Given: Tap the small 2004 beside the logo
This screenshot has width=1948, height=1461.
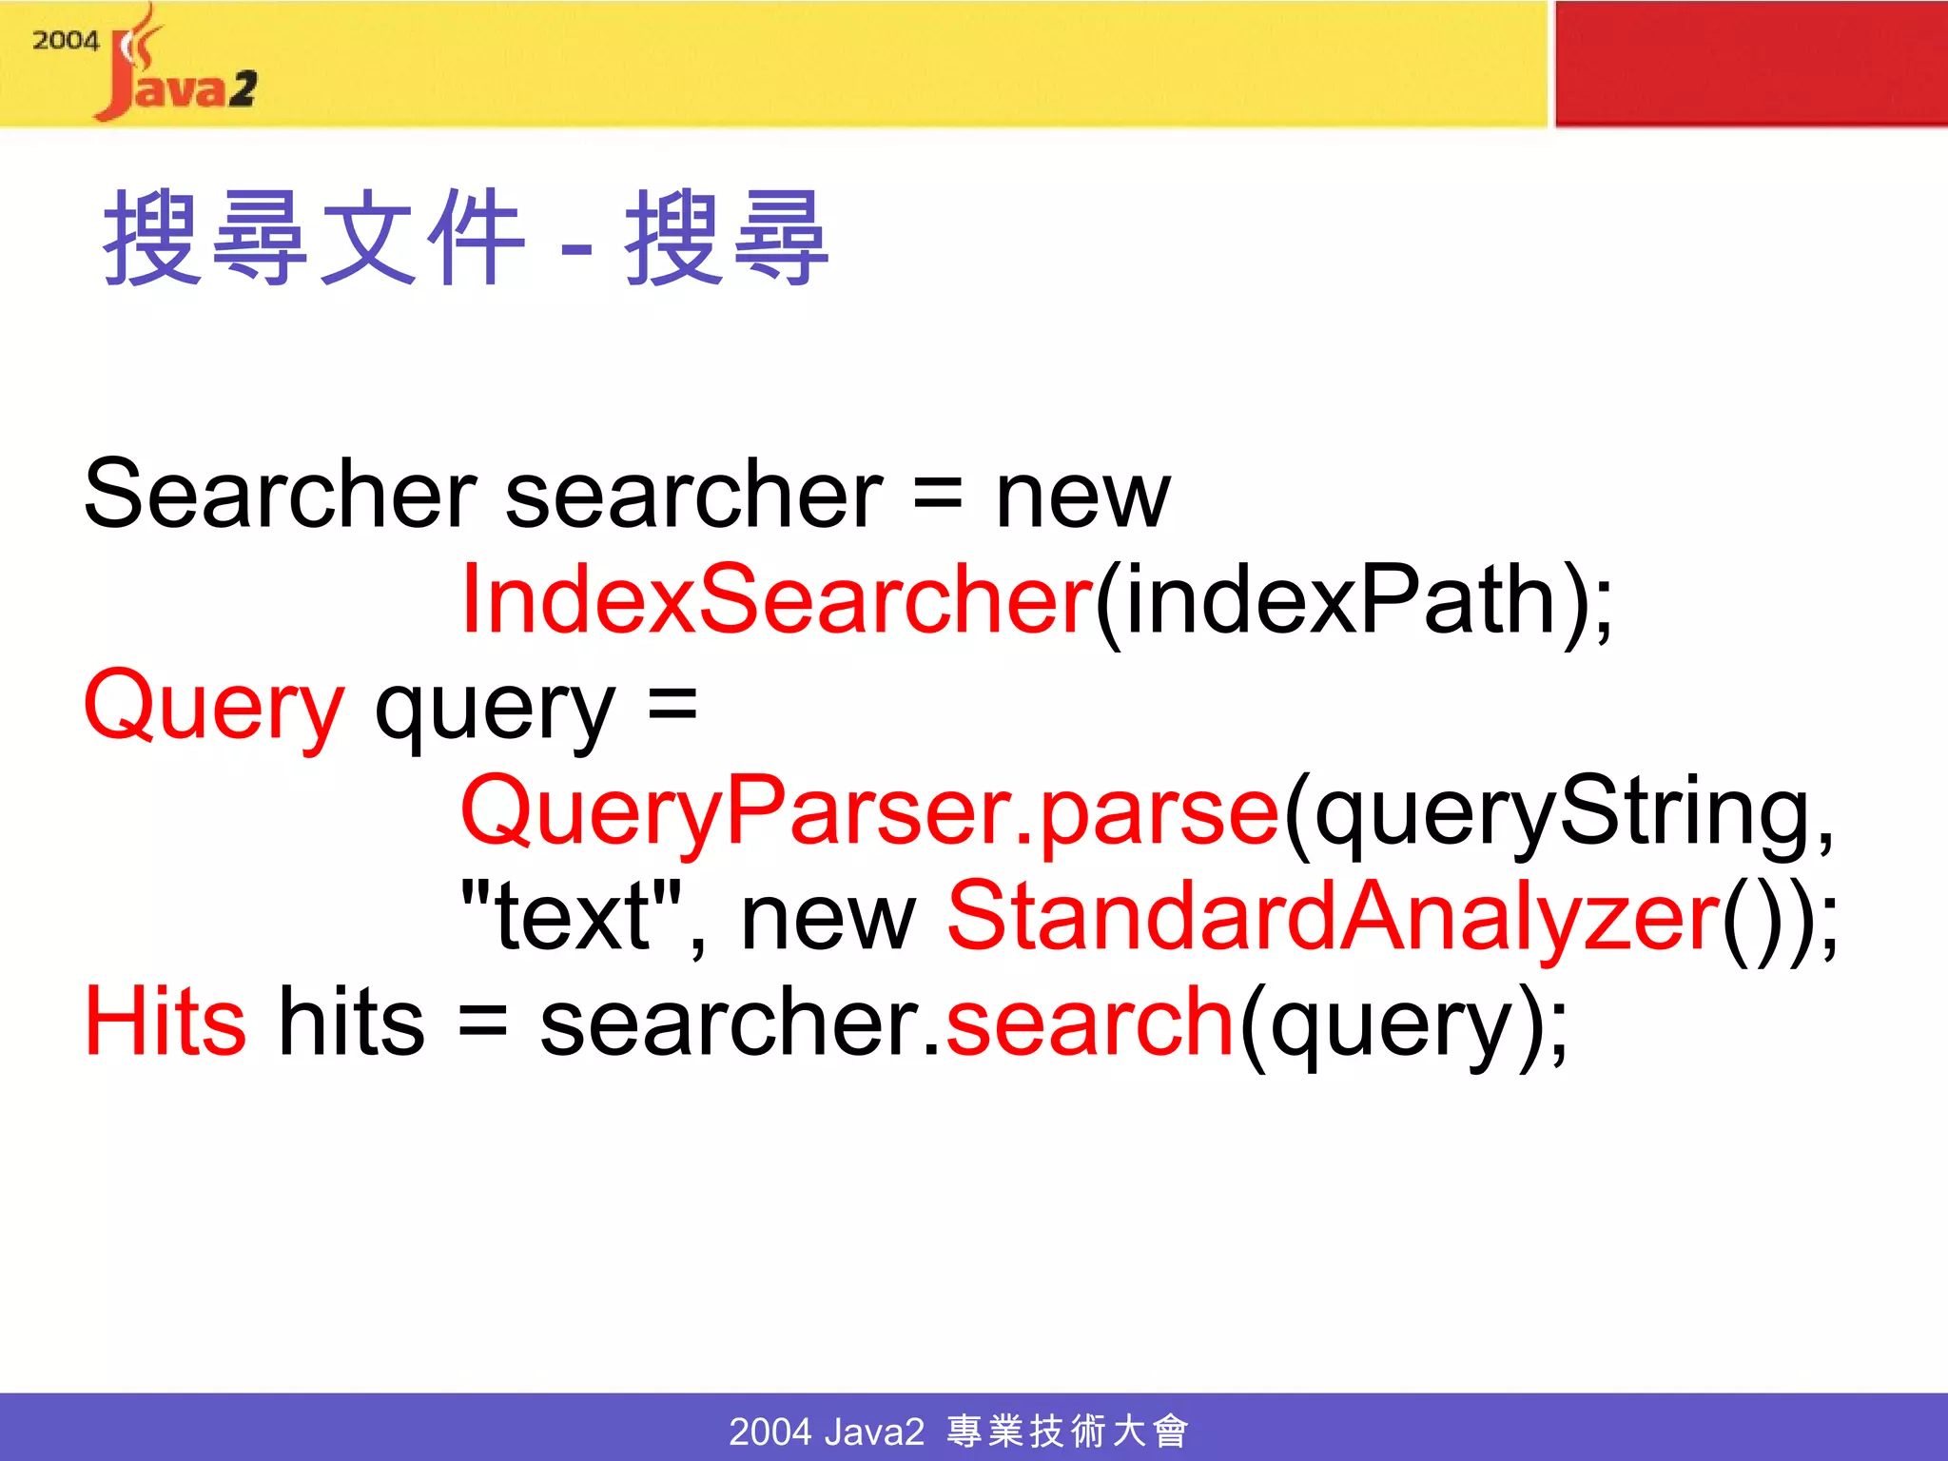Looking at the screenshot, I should (65, 41).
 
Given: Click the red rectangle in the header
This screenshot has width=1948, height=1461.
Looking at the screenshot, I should (1750, 63).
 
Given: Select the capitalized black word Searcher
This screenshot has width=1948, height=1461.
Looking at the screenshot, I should (280, 495).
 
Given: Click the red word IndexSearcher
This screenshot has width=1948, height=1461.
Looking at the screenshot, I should (776, 599).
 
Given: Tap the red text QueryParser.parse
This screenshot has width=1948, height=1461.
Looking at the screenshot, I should (869, 812).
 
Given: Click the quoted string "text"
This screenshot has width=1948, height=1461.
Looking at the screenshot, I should (571, 917).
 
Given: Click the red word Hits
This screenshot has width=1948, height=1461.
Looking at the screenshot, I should (165, 1022).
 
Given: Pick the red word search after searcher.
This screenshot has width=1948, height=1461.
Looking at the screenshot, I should (1090, 1022).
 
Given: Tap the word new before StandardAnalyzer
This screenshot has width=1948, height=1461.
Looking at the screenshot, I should (828, 919).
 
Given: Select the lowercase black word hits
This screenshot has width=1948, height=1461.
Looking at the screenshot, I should (350, 1022).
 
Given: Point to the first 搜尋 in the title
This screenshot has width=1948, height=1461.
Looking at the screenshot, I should (205, 238).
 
